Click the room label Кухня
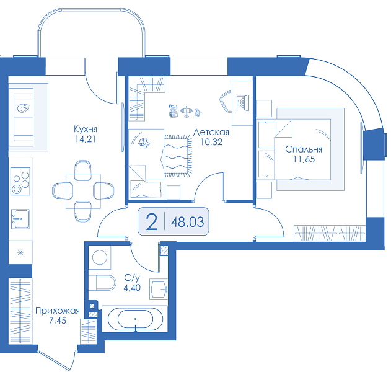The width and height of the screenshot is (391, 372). coord(86,129)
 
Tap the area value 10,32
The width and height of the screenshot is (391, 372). coord(211,142)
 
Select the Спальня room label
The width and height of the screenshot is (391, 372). coord(304,149)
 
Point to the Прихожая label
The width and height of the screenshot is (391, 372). coord(58,311)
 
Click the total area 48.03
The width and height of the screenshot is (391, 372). coord(187,222)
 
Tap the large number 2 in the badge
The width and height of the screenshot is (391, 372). coord(152,222)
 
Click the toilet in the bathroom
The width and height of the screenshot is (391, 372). coord(103,283)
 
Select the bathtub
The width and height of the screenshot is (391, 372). coord(135,319)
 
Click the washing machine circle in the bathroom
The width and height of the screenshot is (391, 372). coord(100,257)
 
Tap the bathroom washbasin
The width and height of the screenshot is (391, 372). coord(159,289)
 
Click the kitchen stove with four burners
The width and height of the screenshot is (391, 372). coord(20,182)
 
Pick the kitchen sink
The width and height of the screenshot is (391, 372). coord(20,219)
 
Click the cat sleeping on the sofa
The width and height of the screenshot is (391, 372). coord(24,108)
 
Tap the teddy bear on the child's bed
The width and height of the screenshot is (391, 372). coord(144,143)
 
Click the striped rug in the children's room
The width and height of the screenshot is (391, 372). coord(178,156)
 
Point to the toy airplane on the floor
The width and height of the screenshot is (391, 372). coord(186,111)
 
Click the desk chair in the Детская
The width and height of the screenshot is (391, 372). coord(226,101)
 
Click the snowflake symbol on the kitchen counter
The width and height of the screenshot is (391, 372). coord(20,252)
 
